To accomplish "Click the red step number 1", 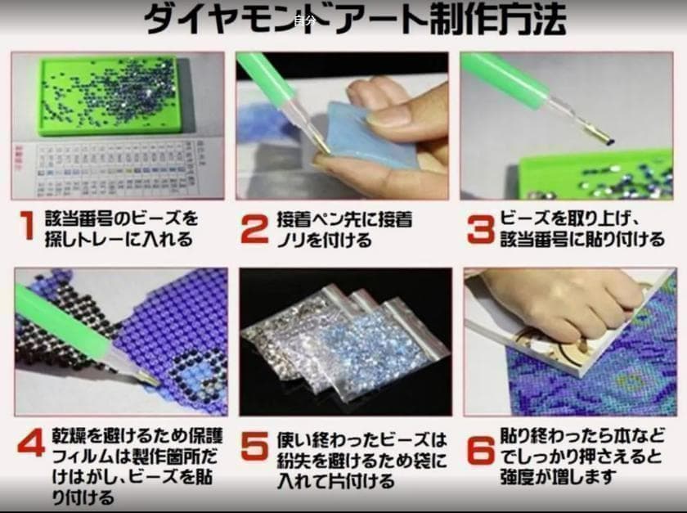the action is pyautogui.click(x=28, y=225).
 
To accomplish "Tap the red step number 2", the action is pyautogui.click(x=255, y=228).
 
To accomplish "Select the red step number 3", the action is pyautogui.click(x=481, y=229).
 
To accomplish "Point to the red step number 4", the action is pyautogui.click(x=32, y=443).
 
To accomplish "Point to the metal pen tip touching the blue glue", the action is pyautogui.click(x=321, y=146).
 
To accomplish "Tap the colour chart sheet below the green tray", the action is pyautogui.click(x=119, y=169).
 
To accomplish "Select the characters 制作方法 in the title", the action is pyautogui.click(x=497, y=20).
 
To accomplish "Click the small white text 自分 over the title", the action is pyautogui.click(x=304, y=20).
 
